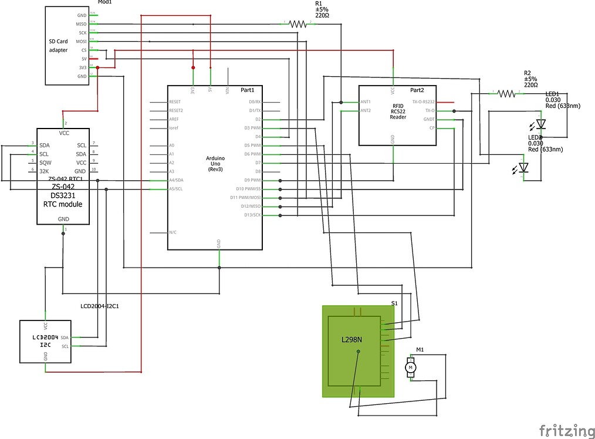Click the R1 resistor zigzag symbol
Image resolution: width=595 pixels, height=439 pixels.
[x=298, y=24]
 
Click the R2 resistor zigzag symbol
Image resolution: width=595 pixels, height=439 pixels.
[x=506, y=93]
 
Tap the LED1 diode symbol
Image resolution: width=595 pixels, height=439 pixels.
[x=540, y=124]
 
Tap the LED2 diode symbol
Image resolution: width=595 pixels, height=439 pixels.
[x=523, y=168]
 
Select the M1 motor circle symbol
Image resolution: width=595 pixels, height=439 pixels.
[x=411, y=367]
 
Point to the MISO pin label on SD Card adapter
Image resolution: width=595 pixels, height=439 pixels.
[x=82, y=24]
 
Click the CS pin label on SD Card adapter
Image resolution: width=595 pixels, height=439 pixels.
[x=83, y=50]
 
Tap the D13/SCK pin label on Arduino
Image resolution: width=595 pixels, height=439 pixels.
[x=252, y=215]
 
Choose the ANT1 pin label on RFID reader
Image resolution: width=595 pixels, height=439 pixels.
[x=366, y=102]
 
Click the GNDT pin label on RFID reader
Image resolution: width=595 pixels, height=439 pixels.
[x=429, y=119]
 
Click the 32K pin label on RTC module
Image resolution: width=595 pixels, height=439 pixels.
[x=44, y=170]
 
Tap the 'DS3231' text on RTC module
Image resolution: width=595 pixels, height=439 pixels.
[x=62, y=195]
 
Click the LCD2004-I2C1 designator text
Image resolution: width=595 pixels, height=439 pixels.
[x=103, y=306]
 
